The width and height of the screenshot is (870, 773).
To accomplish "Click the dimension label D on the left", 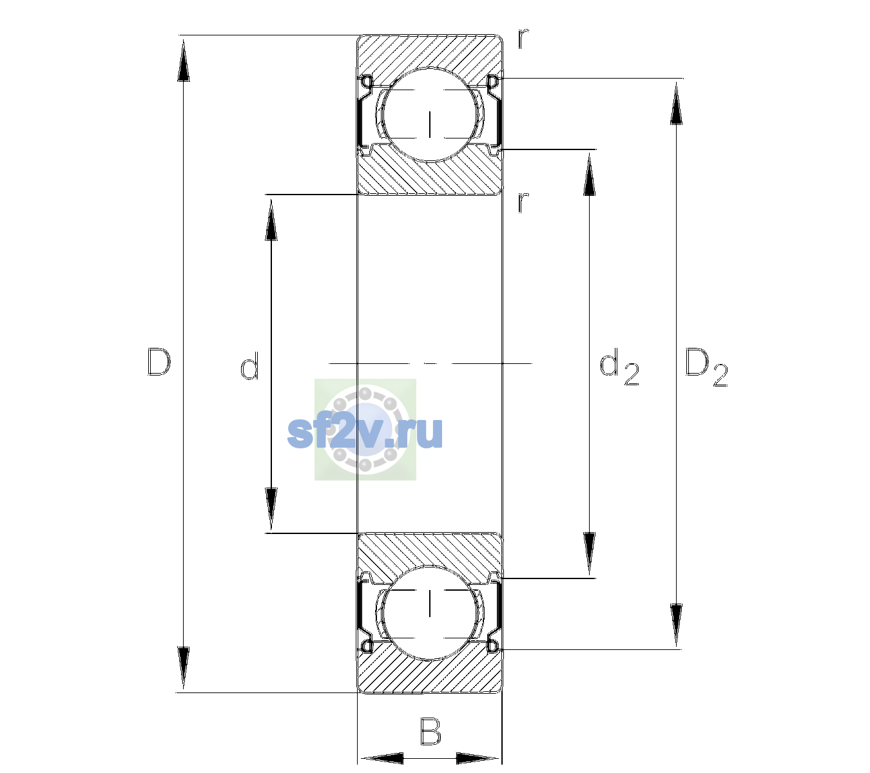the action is pyautogui.click(x=159, y=362).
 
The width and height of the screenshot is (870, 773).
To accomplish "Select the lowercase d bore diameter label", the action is pyautogui.click(x=249, y=366).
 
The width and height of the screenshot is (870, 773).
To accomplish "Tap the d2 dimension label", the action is pyautogui.click(x=619, y=367).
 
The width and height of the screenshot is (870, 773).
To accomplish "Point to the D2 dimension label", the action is pyautogui.click(x=706, y=367).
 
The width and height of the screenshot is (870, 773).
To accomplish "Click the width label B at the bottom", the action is pyautogui.click(x=430, y=731).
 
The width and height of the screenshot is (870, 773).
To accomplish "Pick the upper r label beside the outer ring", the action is pyautogui.click(x=523, y=39).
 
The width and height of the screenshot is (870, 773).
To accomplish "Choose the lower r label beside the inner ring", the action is pyautogui.click(x=523, y=202).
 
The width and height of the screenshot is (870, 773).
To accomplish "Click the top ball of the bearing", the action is pyautogui.click(x=430, y=115).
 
